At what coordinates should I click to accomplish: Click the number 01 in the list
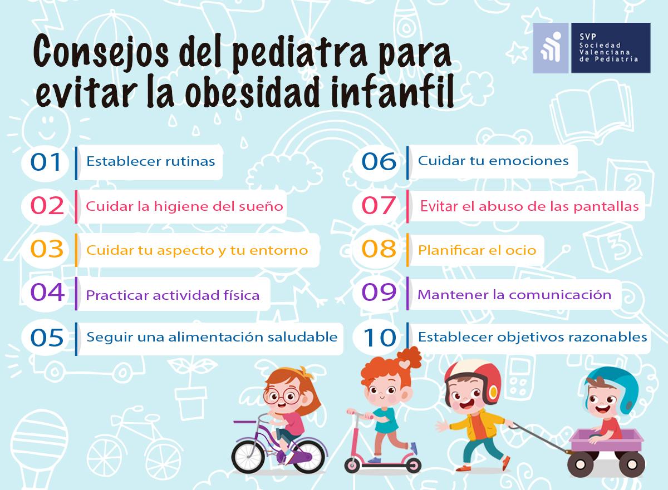tap(46, 162)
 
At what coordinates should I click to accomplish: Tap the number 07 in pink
tap(379, 205)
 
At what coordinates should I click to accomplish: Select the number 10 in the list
tap(380, 337)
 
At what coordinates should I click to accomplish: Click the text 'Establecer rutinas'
tap(151, 161)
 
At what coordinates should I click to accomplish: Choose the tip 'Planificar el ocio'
tap(477, 250)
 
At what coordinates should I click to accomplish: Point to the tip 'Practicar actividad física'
tap(173, 295)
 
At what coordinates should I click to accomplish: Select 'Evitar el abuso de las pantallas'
tap(529, 206)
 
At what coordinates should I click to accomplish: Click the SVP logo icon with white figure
tap(551, 48)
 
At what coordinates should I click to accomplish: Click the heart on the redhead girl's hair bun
tap(405, 364)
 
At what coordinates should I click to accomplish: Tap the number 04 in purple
tap(47, 292)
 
